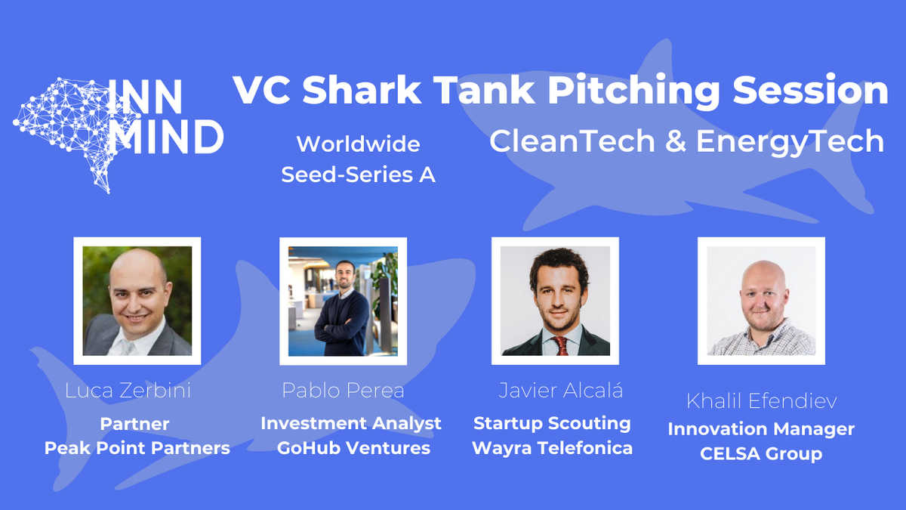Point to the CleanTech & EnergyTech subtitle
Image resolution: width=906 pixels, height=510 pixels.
click(686, 141)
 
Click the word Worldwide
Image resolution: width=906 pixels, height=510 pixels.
click(358, 144)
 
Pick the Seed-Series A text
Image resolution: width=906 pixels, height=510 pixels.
click(358, 175)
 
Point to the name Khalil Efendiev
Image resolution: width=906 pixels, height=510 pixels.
click(761, 400)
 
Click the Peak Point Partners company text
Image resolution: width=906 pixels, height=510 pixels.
click(137, 448)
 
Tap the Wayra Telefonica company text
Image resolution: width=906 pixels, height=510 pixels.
click(552, 448)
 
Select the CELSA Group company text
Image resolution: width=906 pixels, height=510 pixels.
click(761, 454)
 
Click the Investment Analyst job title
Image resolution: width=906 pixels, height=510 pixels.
click(351, 423)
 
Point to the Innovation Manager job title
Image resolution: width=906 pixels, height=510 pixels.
click(761, 429)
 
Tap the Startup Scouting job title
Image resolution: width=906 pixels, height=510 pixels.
click(552, 423)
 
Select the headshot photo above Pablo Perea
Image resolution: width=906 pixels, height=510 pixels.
click(343, 301)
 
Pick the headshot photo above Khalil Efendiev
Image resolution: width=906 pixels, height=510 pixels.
click(761, 301)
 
